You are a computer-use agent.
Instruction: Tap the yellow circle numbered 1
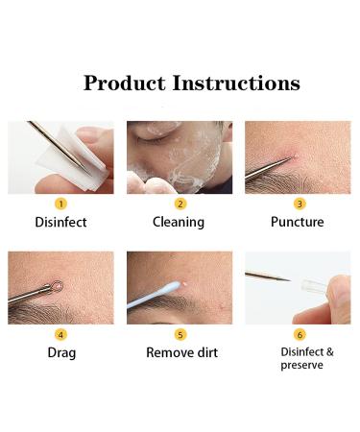coord(60,204)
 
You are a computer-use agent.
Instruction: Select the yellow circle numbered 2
coord(180,204)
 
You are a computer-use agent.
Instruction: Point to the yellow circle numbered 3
coord(299,204)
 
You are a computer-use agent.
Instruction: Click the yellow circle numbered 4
coord(60,334)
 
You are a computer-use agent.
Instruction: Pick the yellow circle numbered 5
coord(180,334)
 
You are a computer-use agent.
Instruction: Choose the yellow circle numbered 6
coord(299,334)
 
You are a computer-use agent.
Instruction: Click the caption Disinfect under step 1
coord(60,223)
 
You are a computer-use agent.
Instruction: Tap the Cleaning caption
coord(179,223)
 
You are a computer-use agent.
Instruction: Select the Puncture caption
coord(298,223)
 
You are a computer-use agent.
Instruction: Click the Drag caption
coord(60,352)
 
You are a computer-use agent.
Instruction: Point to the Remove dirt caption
coord(181,352)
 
